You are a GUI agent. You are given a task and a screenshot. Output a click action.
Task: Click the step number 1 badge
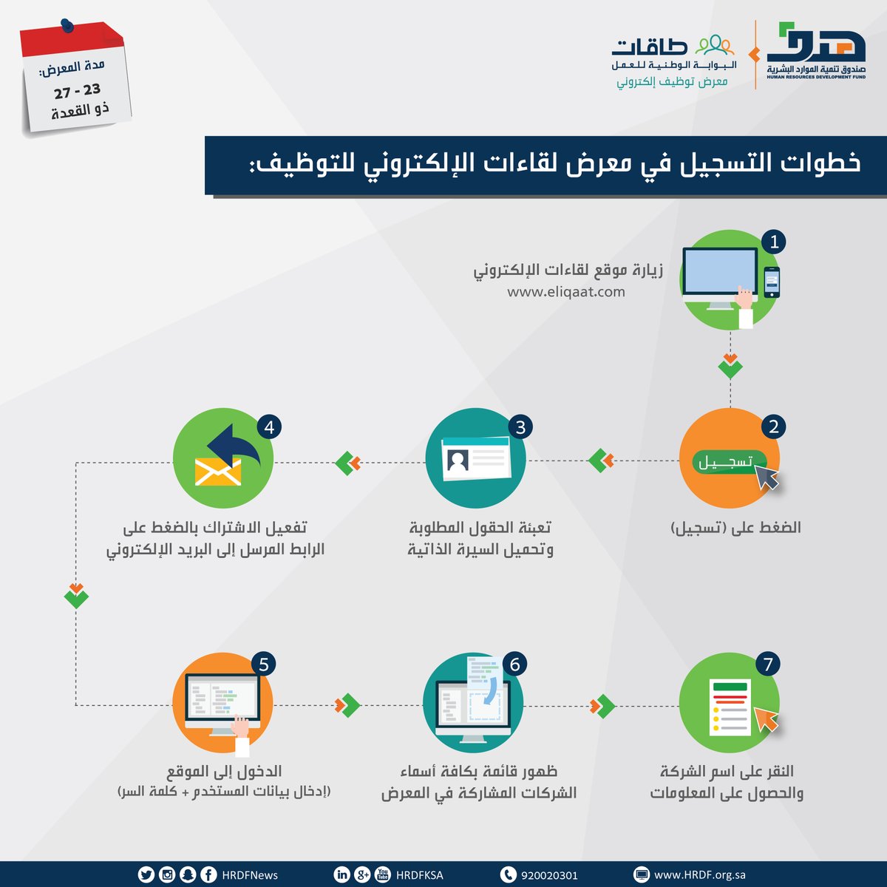click(773, 242)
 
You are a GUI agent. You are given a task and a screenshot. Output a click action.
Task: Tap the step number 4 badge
click(269, 427)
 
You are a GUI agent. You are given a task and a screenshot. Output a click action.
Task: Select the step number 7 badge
click(768, 664)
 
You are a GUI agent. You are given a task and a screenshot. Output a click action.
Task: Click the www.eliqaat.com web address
click(565, 292)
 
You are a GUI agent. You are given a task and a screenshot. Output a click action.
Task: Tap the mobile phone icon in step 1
click(772, 282)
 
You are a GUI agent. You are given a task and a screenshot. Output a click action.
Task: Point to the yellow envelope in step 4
click(218, 471)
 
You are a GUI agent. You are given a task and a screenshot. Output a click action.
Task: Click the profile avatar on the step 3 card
click(458, 461)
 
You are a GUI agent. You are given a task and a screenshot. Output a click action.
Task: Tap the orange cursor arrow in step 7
click(766, 718)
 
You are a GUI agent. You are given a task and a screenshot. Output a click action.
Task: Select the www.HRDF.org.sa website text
click(699, 875)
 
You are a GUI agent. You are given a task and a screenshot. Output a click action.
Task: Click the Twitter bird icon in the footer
click(146, 875)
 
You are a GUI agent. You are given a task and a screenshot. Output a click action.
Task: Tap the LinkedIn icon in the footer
click(341, 875)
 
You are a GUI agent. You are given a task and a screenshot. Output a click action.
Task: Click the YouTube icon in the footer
click(382, 875)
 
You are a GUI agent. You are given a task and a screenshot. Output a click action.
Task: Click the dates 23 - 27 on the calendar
click(77, 91)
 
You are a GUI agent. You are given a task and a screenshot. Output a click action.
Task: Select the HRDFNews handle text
click(250, 875)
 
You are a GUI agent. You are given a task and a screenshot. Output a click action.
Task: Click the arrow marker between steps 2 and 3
click(602, 461)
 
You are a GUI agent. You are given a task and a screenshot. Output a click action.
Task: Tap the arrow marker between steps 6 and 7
click(602, 706)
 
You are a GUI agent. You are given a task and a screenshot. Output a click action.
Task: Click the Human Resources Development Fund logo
click(816, 52)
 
